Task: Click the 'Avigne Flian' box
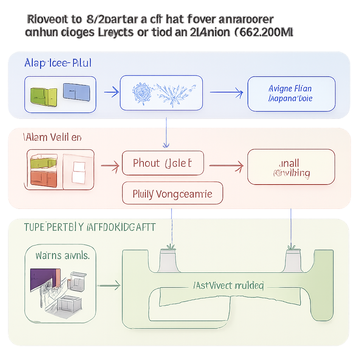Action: coord(291,94)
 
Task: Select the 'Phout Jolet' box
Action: coord(163,163)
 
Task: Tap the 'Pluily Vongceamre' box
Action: coord(172,193)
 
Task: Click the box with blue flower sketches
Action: coord(161,93)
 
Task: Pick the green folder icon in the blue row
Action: coord(44,95)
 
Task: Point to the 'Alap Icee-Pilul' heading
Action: coord(58,63)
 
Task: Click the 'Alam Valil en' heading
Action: coord(53,137)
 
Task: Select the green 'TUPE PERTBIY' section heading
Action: coord(90,227)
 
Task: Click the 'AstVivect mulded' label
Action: coord(229,285)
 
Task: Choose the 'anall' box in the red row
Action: coord(291,167)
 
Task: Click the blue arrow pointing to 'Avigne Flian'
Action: coord(226,93)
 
